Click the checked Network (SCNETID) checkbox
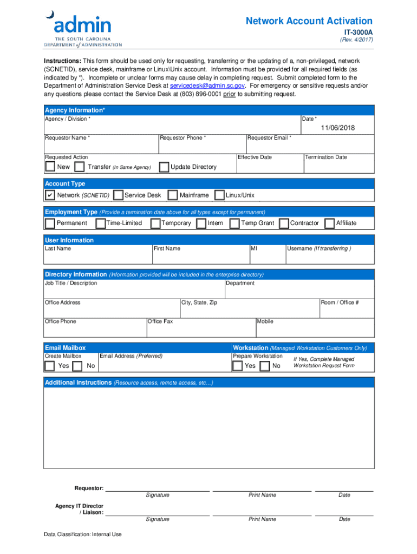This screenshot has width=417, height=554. tap(50, 195)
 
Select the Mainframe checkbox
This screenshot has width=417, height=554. tap(172, 195)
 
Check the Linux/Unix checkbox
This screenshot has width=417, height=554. tap(219, 195)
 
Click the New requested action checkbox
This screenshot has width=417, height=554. tap(50, 167)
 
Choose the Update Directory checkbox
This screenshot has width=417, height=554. tap(164, 167)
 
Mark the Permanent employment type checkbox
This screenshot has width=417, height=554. tap(50, 223)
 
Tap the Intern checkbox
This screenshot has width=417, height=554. tap(201, 223)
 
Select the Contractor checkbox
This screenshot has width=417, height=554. tap(283, 223)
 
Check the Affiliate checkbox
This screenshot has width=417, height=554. tap(329, 223)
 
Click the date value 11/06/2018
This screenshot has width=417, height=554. tap(337, 128)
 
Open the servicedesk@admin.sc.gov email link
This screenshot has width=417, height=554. tap(207, 86)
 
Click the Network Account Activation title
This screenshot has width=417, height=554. tap(309, 21)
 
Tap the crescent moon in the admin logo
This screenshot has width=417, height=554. tap(50, 15)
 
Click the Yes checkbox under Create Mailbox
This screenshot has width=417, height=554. tap(50, 366)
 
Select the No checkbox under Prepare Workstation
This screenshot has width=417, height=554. tap(265, 366)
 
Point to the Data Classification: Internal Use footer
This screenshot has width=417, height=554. tap(83, 535)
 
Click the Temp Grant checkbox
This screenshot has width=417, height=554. tap(234, 223)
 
